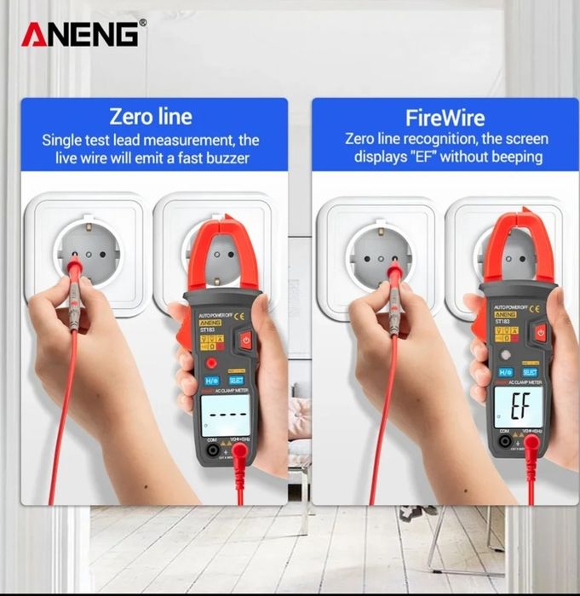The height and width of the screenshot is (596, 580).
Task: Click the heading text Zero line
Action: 156,117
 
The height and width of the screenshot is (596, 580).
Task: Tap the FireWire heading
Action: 445,117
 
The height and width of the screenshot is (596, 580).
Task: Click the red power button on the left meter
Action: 246,341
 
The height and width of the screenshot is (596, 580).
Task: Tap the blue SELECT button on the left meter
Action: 237,380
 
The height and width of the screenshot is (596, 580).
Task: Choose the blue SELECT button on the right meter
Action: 530,372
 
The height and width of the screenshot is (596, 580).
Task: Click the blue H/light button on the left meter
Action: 211,380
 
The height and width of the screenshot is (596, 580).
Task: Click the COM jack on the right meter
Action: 505,441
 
